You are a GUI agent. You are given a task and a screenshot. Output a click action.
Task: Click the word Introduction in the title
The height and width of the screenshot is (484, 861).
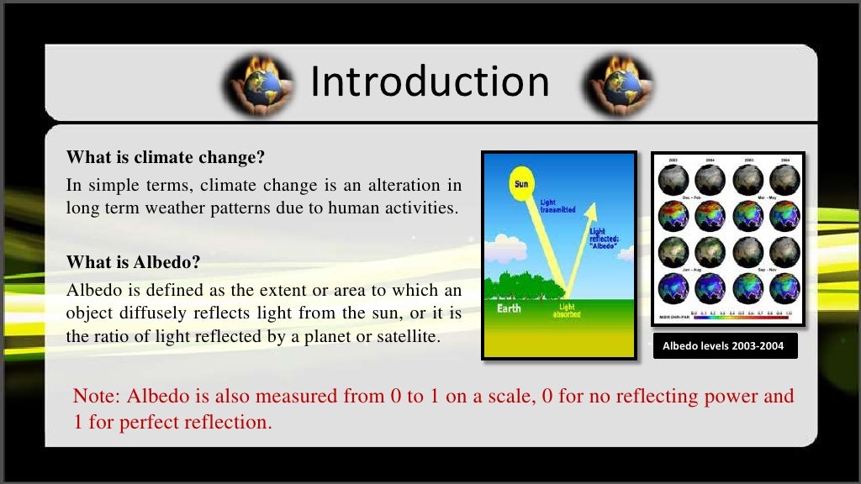(430, 82)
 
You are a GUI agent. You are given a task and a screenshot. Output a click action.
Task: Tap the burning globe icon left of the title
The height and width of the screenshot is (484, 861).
(259, 86)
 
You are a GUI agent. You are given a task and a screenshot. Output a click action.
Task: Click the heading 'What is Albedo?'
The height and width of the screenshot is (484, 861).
(134, 262)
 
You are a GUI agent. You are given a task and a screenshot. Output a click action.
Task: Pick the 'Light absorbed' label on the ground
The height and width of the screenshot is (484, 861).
(566, 311)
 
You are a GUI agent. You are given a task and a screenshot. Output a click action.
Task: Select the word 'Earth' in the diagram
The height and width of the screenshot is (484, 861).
(509, 308)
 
